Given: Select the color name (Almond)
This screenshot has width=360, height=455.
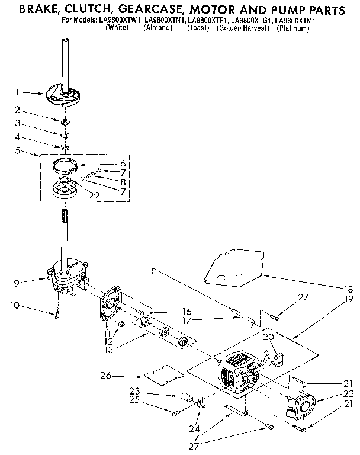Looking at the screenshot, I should tap(158, 28).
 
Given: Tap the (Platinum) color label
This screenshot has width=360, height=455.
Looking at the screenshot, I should tap(293, 28).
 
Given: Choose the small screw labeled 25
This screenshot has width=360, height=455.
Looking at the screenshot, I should tap(176, 413).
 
